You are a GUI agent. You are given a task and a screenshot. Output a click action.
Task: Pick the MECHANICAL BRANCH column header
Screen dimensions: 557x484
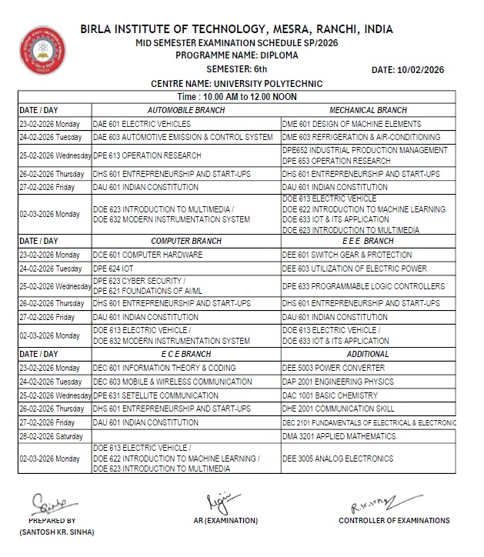coord(368,111)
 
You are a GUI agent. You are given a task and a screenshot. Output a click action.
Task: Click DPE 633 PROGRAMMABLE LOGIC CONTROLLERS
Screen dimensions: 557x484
coord(363,286)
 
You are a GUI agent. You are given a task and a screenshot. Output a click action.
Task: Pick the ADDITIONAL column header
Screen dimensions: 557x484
coord(368,354)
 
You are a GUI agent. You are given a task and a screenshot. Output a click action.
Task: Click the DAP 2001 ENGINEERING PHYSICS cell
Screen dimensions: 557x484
coord(336,382)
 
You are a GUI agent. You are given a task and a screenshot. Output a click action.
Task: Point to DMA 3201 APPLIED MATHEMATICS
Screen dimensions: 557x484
coord(341,436)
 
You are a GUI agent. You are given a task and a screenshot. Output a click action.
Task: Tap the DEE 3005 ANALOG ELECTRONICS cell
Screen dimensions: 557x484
coord(337,459)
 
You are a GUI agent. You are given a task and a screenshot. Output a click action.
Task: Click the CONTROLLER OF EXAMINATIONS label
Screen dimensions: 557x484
coord(394,521)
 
